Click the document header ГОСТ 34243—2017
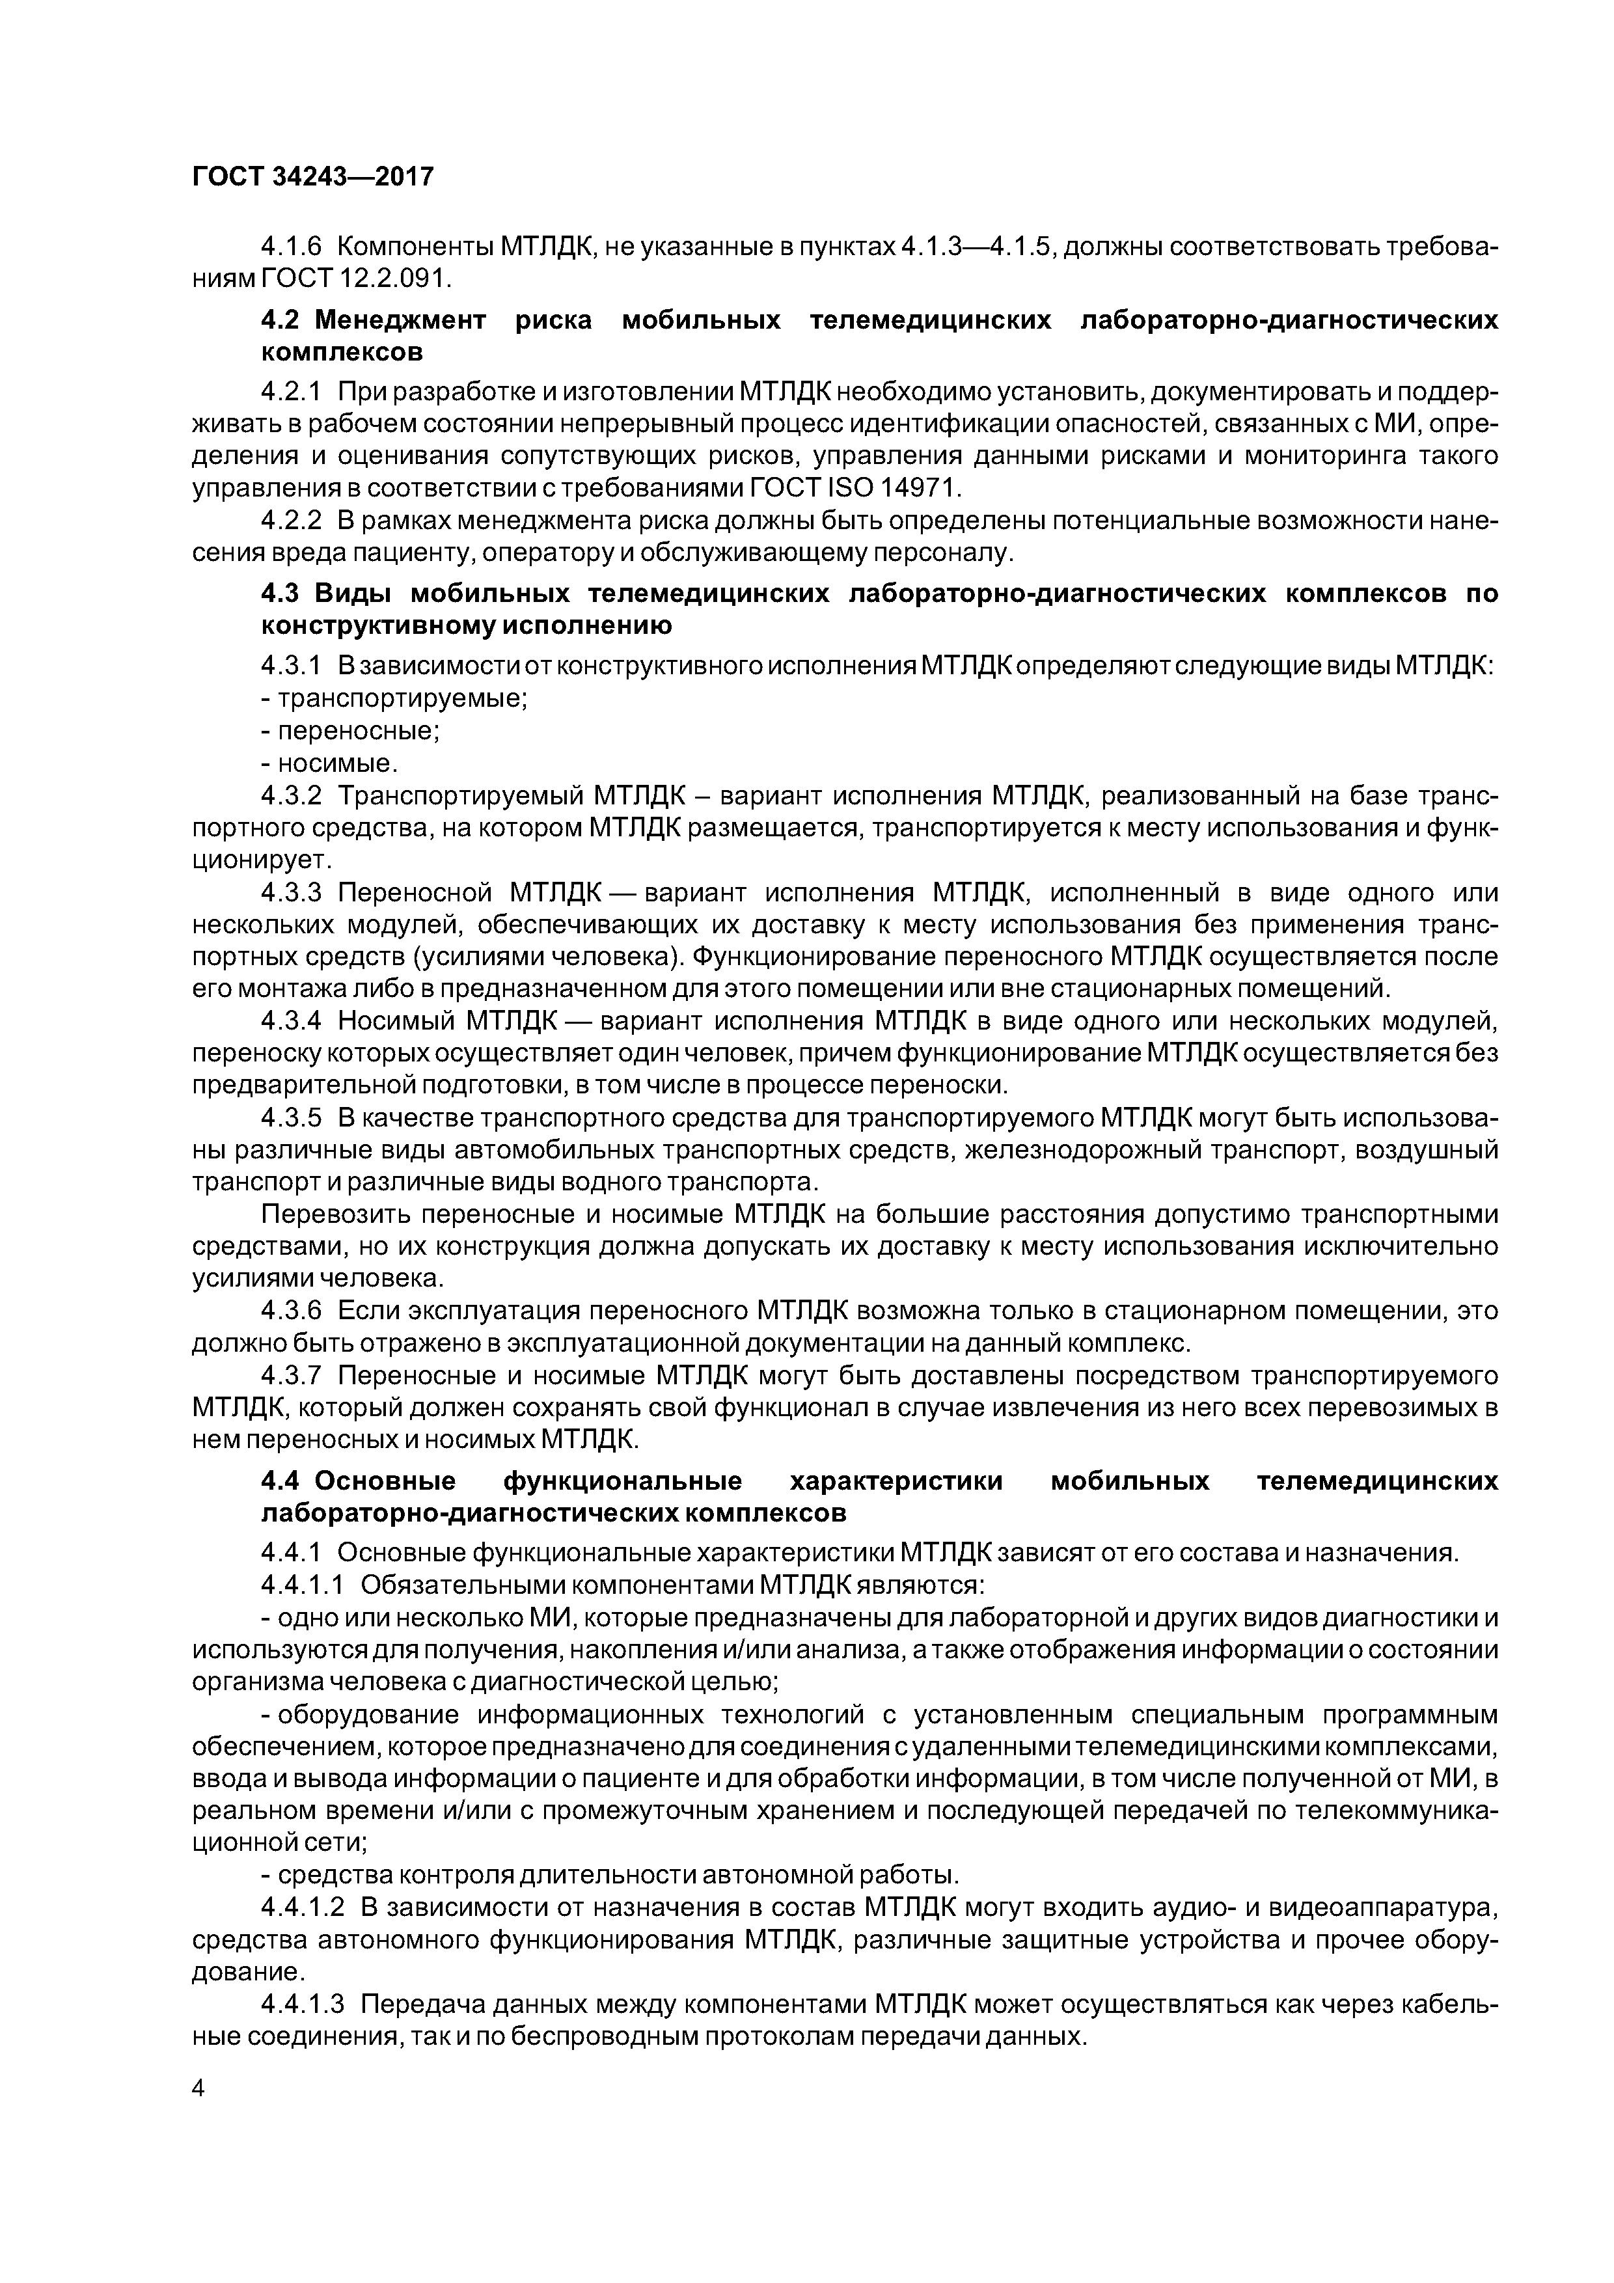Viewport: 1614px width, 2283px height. [312, 177]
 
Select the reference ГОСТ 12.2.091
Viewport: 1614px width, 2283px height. [355, 279]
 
